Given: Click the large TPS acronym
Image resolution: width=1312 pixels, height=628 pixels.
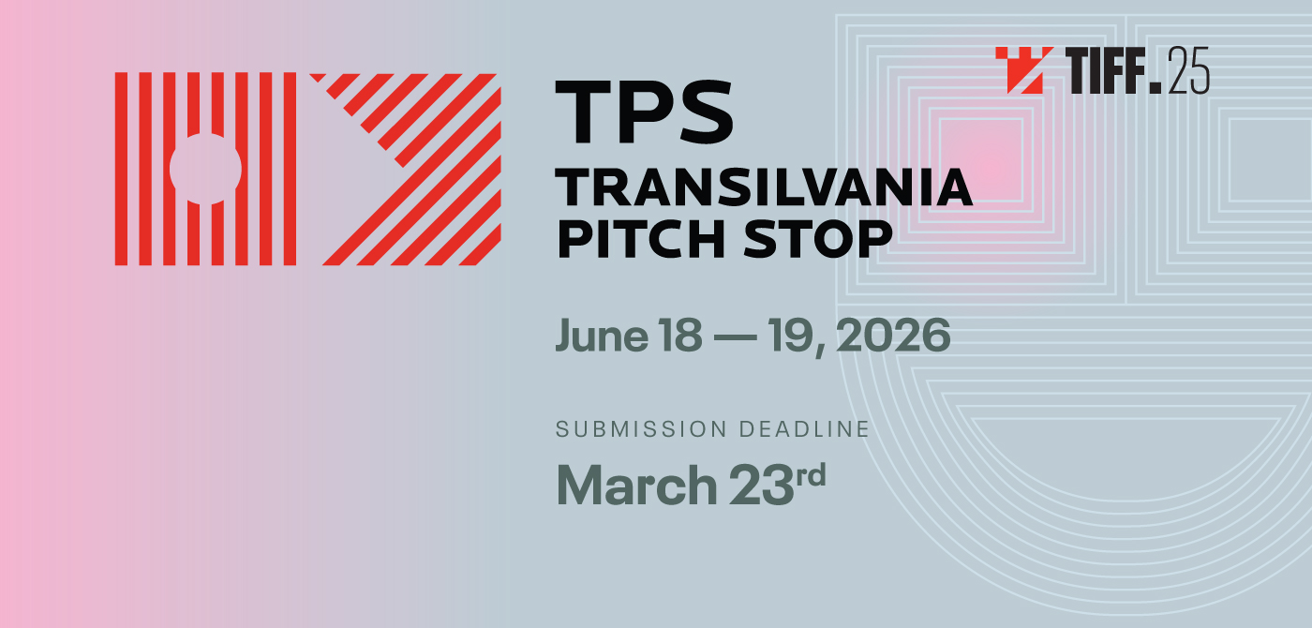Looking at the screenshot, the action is pos(644,112).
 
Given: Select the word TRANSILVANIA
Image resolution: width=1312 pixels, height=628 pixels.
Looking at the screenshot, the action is pos(764,187).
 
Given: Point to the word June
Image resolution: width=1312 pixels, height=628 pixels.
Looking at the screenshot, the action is pos(602,336).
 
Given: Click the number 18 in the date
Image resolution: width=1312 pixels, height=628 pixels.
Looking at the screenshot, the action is pos(679,336).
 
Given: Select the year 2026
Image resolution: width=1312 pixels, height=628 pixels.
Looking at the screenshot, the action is pos(893,336).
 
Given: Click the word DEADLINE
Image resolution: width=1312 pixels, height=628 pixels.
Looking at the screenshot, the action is pos(804,429).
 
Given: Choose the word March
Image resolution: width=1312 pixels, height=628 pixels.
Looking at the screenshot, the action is pos(636,485).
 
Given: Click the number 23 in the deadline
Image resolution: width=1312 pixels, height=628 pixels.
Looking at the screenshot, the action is pos(761,485).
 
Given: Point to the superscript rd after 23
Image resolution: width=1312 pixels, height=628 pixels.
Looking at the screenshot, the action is pos(811,475).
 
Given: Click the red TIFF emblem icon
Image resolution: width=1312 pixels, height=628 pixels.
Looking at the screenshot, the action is pos(1024,70).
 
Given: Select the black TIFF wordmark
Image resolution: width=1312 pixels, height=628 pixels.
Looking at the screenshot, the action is pos(1113,70).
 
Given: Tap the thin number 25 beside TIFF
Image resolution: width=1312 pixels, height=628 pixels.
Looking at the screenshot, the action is pos(1189,70).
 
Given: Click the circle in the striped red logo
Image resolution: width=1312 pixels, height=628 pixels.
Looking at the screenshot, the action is pos(205,169).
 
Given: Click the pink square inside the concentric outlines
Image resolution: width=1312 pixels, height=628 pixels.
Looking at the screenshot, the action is pos(981,160).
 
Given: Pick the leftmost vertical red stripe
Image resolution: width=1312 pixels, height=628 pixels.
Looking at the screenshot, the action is pos(121,169).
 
